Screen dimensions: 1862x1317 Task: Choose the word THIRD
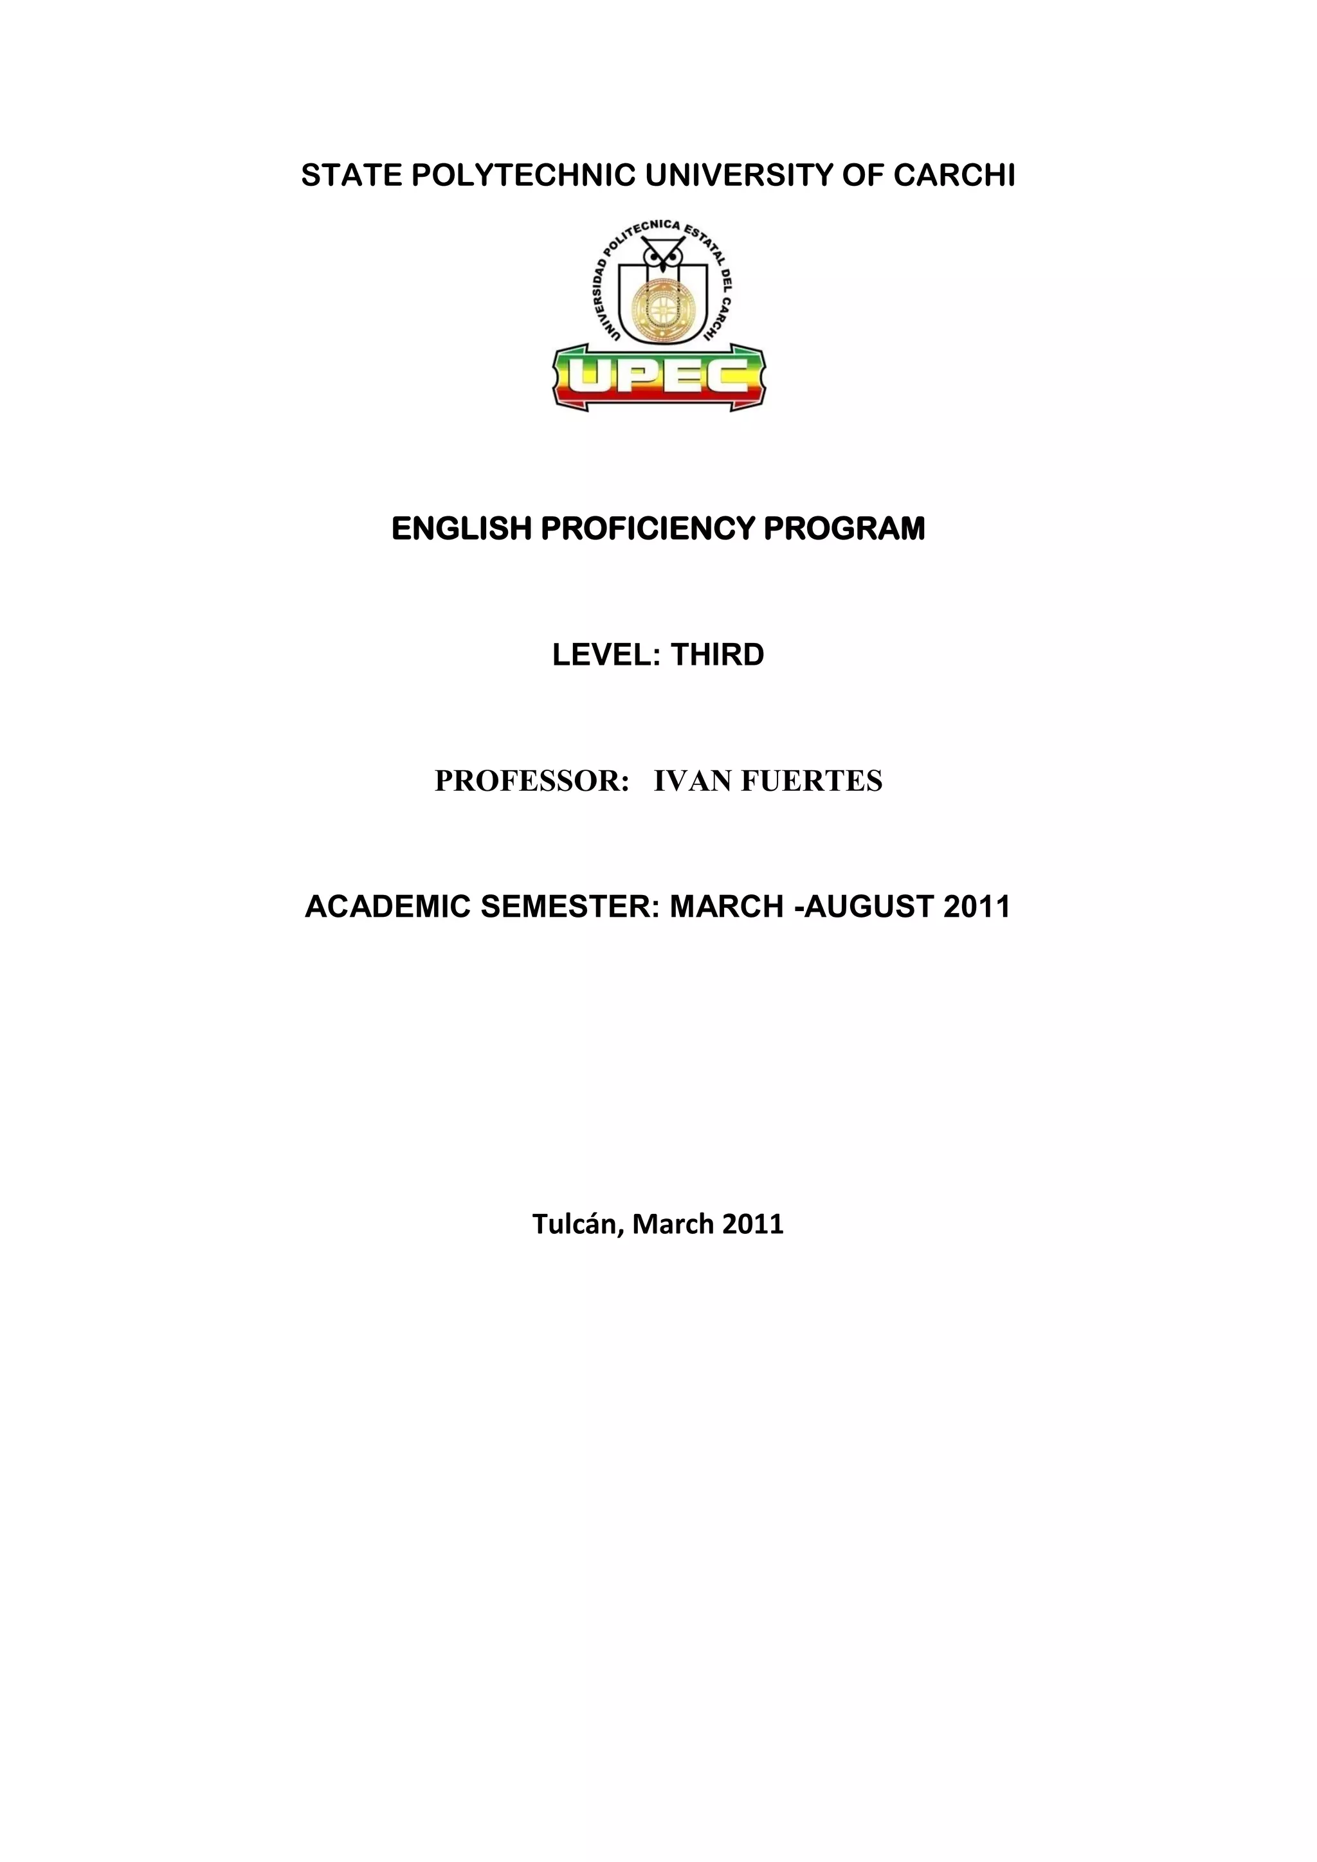[717, 655]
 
